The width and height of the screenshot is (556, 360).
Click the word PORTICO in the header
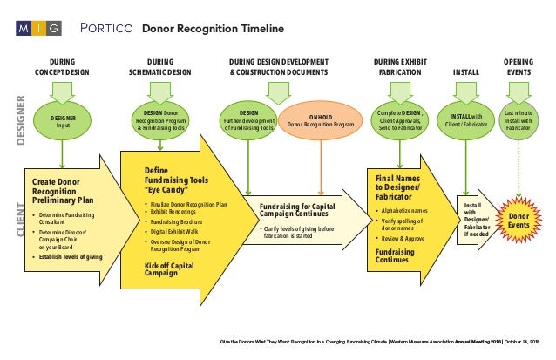(x=105, y=30)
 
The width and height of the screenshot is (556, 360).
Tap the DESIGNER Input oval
(x=63, y=121)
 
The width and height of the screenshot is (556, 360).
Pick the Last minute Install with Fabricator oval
(x=520, y=121)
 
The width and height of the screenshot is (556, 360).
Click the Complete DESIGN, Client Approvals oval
(x=401, y=121)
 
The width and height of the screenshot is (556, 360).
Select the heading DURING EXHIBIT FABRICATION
(x=401, y=67)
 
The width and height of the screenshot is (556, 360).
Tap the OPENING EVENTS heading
(x=520, y=67)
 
